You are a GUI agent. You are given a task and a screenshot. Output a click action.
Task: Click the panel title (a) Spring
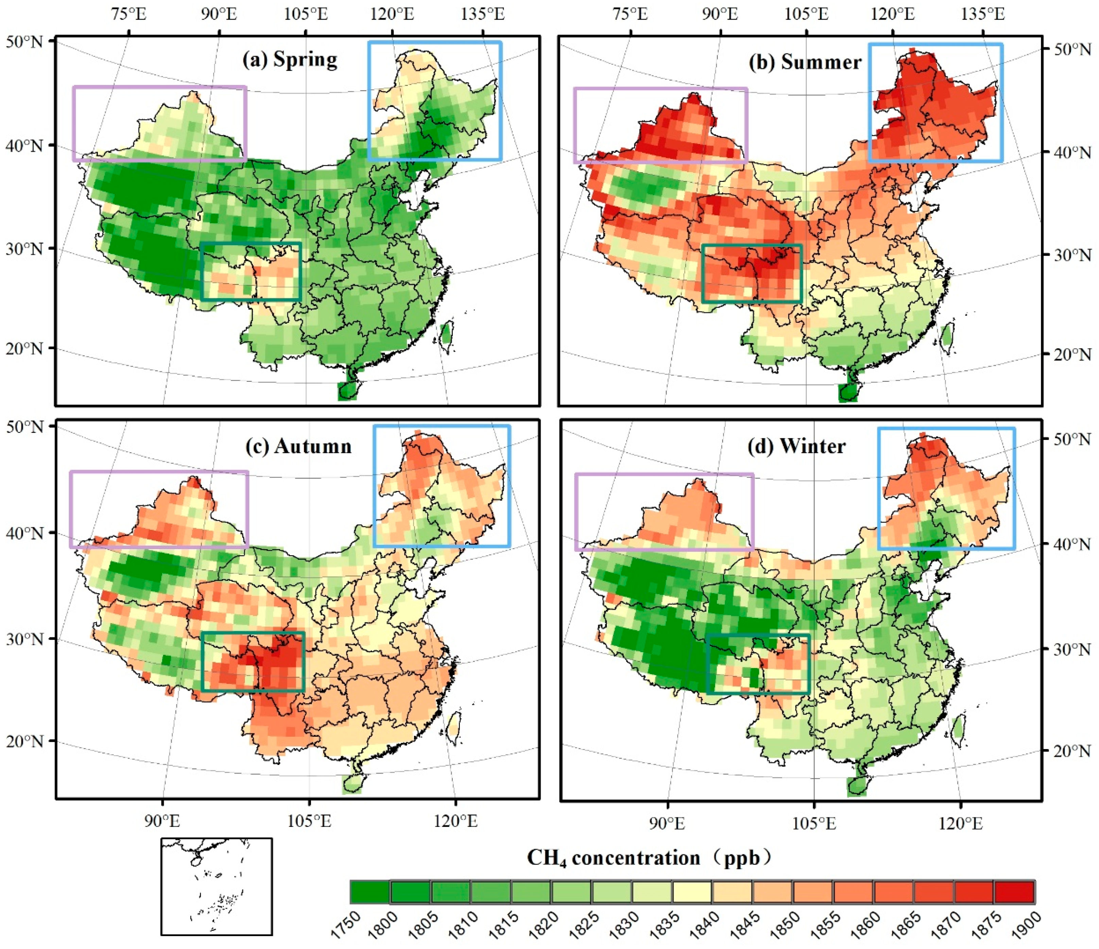[290, 60]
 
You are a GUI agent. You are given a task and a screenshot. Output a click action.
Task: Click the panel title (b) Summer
[805, 62]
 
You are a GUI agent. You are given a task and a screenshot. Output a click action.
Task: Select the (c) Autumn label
[298, 446]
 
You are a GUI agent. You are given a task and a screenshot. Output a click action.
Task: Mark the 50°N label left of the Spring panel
[23, 41]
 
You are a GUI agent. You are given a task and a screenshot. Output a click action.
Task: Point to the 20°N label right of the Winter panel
[1072, 751]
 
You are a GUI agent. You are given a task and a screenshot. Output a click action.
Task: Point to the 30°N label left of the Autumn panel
[23, 639]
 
